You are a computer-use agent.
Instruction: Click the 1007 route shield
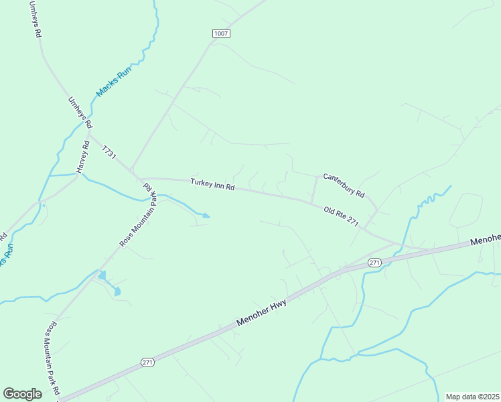[222, 33]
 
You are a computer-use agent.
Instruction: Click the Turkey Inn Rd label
[212, 184]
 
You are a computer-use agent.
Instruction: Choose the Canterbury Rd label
[344, 186]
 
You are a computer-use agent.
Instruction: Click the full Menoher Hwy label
[262, 314]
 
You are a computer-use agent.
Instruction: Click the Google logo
[22, 394]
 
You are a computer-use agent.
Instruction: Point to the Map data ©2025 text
[472, 397]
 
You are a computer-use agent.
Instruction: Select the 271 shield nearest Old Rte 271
[374, 263]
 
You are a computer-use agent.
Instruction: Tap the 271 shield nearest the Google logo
[148, 362]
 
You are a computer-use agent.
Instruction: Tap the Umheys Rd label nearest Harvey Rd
[80, 113]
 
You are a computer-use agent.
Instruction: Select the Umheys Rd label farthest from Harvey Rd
[35, 19]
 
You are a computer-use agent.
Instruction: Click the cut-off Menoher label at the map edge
[485, 239]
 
